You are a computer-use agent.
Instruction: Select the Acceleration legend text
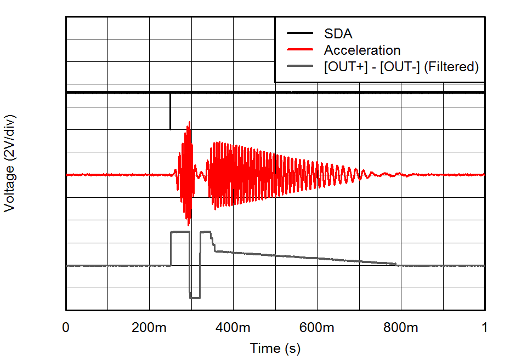[x=362, y=50]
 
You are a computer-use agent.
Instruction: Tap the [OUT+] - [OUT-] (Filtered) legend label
[x=401, y=67]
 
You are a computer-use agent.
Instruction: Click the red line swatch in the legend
[x=299, y=50]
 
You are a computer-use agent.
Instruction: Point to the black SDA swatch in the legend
[x=299, y=33]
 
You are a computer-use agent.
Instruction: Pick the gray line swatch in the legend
[x=299, y=67]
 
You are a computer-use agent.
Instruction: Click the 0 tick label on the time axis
[x=66, y=328]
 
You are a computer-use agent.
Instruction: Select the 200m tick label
[x=150, y=328]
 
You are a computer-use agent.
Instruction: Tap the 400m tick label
[x=234, y=328]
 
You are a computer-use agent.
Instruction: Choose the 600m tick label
[x=318, y=328]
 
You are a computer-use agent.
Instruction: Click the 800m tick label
[x=401, y=328]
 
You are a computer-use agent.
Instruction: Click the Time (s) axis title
[x=275, y=348]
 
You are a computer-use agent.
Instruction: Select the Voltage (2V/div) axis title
[x=9, y=163]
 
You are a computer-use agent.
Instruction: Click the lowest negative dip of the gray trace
[x=195, y=298]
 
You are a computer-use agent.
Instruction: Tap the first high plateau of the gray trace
[x=180, y=232]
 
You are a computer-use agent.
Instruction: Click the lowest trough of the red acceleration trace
[x=189, y=225]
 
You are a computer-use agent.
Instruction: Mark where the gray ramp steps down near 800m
[x=396, y=265]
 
